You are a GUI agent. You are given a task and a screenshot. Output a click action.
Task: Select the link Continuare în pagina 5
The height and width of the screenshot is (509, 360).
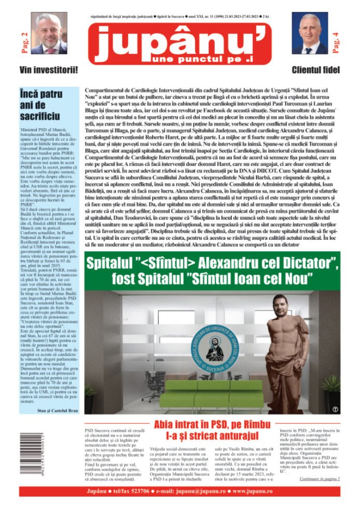point(319,479)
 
